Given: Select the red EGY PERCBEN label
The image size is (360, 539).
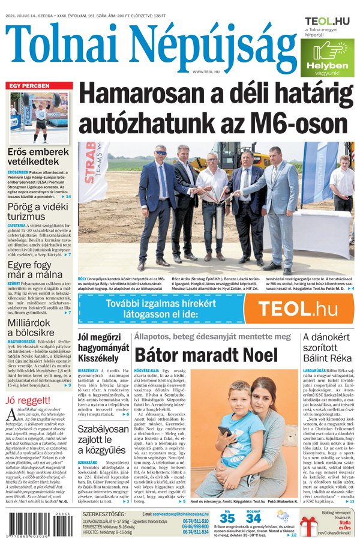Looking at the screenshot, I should pos(28,86).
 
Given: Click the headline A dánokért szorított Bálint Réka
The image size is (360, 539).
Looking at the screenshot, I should pos(327,354).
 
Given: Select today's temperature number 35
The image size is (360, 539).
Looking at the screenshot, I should pos(227,517).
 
